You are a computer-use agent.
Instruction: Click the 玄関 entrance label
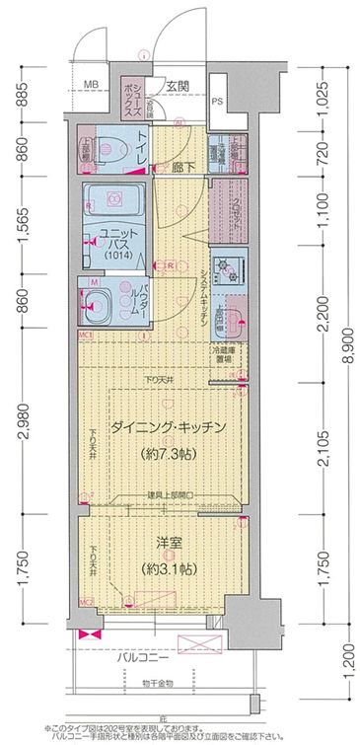pyautogui.click(x=178, y=86)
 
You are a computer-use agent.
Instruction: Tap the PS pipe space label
pyautogui.click(x=217, y=100)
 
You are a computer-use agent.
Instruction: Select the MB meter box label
pyautogui.click(x=91, y=86)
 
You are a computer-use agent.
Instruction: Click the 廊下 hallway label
pyautogui.click(x=180, y=168)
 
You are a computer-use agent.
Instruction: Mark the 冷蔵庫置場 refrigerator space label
pyautogui.click(x=220, y=355)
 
